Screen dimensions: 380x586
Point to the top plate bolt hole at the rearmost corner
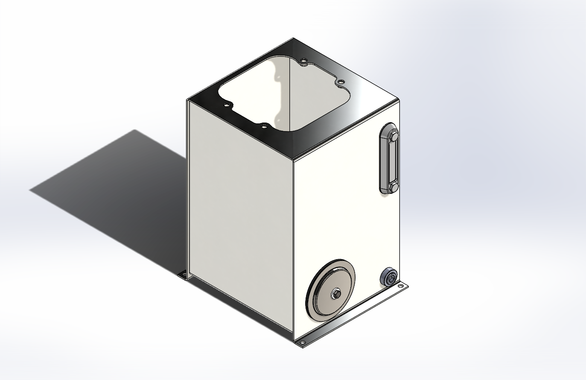click(303, 60)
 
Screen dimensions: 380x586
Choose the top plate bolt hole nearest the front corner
click(264, 126)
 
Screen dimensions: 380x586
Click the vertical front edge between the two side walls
click(294, 248)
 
